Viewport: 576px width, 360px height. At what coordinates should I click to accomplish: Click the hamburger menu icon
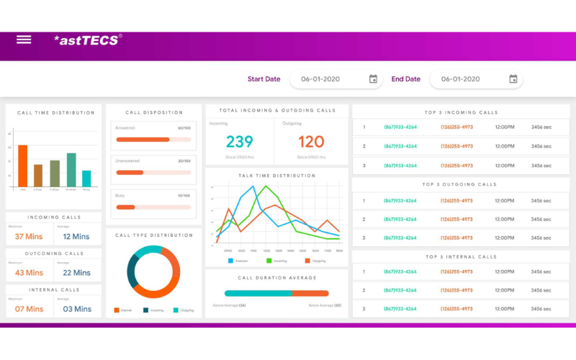24,40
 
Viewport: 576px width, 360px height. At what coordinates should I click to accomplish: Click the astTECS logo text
87,40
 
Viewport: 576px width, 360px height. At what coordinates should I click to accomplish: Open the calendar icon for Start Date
373,79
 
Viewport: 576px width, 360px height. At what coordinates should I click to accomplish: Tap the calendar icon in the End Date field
513,79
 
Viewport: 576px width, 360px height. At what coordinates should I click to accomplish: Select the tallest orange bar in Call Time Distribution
22,166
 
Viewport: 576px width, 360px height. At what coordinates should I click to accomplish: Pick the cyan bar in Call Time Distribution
86,178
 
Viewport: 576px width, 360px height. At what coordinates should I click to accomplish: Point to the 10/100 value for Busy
184,195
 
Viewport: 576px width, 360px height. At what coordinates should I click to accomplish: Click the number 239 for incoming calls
240,142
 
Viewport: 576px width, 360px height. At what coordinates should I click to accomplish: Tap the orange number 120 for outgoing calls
311,142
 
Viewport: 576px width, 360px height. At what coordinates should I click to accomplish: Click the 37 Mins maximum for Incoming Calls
30,236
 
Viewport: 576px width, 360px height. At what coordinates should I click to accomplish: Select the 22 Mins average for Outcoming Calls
76,273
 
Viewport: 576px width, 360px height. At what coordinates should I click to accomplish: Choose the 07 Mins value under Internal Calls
30,309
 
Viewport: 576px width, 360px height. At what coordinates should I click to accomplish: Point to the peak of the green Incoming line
266,187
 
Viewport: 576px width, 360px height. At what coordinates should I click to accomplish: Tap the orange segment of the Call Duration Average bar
310,293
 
